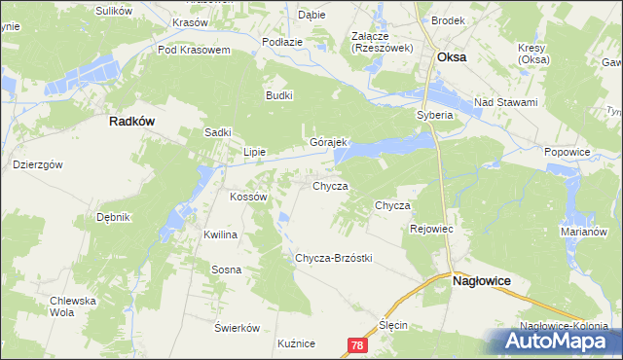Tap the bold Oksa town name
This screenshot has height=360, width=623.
click(452, 57)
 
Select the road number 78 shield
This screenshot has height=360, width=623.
click(357, 345)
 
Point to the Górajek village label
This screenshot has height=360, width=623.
click(328, 142)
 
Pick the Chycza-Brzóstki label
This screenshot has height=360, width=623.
click(334, 258)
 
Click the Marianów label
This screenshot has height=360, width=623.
click(584, 233)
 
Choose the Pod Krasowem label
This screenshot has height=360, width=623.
click(193, 50)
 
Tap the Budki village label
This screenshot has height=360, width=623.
click(279, 95)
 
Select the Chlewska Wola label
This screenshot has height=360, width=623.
click(75, 306)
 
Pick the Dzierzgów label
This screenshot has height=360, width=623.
click(38, 164)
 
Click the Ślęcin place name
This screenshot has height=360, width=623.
click(393, 325)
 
